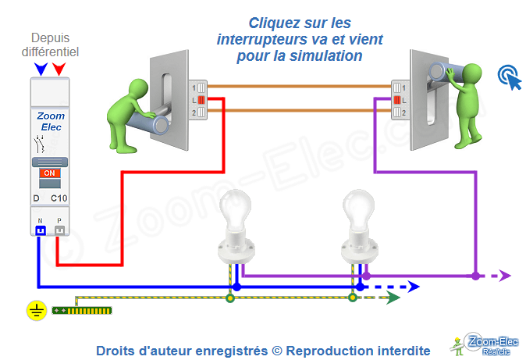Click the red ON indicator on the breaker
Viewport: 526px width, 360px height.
pos(48,173)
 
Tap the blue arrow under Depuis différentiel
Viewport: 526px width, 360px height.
pos(40,70)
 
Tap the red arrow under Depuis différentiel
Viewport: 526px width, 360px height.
pos(59,70)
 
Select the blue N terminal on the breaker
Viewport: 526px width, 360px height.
pos(38,230)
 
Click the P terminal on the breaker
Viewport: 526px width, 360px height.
pos(59,230)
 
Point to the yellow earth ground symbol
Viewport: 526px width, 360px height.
pos(35,312)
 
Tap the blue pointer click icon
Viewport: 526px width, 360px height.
pos(509,76)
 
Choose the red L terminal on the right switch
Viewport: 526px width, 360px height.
pos(397,99)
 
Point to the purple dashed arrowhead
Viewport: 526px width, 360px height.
pos(505,275)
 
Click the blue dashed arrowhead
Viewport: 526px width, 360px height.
pos(413,287)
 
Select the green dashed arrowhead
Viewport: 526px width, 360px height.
pos(395,298)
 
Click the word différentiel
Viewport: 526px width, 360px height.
pos(54,52)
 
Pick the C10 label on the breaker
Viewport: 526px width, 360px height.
pos(59,198)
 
